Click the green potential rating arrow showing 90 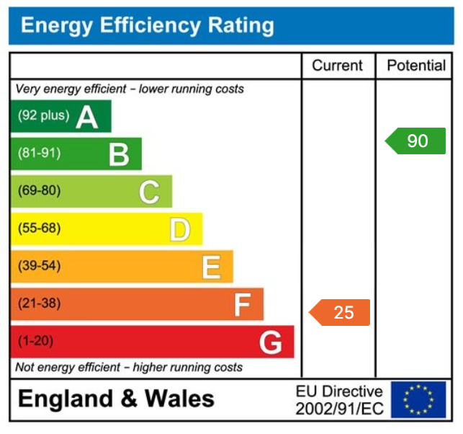pyautogui.click(x=415, y=141)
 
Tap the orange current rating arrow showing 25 pyautogui.click(x=340, y=312)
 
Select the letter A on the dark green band pyautogui.click(x=87, y=116)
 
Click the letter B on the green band pyautogui.click(x=119, y=154)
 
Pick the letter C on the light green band pyautogui.click(x=149, y=192)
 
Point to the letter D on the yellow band pyautogui.click(x=180, y=229)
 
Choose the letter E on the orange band pyautogui.click(x=211, y=267)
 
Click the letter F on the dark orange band pyautogui.click(x=242, y=305)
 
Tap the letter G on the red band pyautogui.click(x=271, y=342)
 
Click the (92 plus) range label pyautogui.click(x=43, y=115)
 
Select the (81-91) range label pyautogui.click(x=39, y=153)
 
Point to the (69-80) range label pyautogui.click(x=39, y=191)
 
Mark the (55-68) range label pyautogui.click(x=39, y=229)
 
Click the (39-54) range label pyautogui.click(x=39, y=266)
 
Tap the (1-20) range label pyautogui.click(x=36, y=341)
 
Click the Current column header pyautogui.click(x=337, y=66)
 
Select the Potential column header pyautogui.click(x=416, y=66)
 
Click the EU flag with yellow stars pyautogui.click(x=418, y=399)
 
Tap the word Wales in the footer pyautogui.click(x=179, y=399)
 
